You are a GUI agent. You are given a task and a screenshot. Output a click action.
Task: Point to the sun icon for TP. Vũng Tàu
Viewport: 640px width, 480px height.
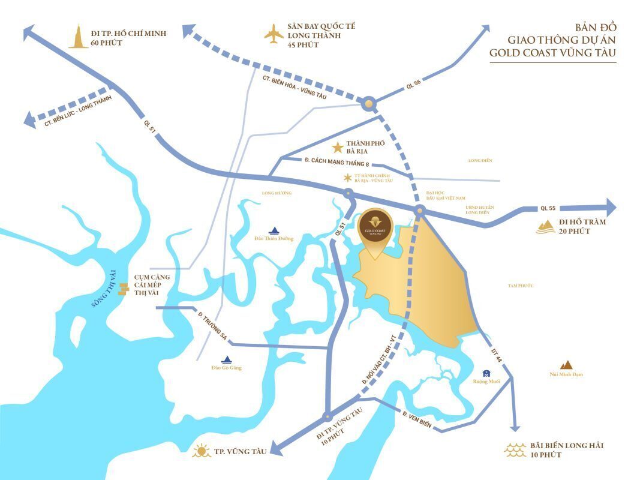point(202,451)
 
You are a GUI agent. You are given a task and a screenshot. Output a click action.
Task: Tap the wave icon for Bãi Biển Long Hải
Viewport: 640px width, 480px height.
point(516,449)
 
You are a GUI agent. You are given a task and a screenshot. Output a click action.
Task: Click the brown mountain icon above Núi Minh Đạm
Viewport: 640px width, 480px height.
point(566,364)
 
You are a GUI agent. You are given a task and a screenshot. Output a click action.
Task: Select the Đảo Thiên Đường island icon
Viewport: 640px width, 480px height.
point(274,230)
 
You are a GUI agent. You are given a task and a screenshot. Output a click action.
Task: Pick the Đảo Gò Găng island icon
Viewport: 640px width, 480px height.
point(227,359)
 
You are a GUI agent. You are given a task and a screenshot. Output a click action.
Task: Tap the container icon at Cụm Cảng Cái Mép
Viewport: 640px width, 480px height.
point(124,289)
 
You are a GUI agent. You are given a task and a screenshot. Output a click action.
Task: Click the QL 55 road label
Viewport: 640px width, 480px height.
point(548,208)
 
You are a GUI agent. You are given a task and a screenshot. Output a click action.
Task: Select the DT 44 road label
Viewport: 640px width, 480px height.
point(495,355)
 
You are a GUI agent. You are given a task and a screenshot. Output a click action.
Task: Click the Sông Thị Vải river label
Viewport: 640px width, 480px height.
point(104,289)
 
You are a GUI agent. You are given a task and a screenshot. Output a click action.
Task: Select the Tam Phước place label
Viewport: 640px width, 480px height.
point(520,286)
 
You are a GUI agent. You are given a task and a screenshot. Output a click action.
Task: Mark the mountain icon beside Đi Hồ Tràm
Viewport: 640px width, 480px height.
point(546,226)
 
